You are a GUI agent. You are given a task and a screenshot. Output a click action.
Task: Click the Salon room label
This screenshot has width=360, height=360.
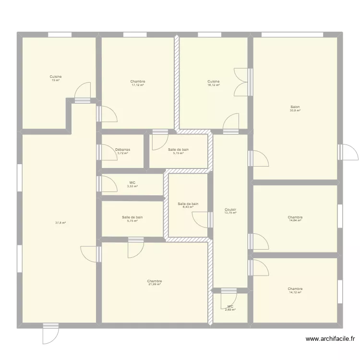tap(295, 107)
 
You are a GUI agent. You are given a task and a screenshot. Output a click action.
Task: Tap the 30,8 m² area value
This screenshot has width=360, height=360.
tap(295, 110)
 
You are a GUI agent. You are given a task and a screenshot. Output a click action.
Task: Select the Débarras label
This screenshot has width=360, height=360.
tap(123, 150)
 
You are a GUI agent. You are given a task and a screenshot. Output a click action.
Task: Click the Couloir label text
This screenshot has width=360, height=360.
tap(230, 210)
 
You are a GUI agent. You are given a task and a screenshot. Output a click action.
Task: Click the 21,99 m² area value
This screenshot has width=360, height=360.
tap(155, 285)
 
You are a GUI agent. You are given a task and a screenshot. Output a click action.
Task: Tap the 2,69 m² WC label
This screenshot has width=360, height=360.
tap(230, 306)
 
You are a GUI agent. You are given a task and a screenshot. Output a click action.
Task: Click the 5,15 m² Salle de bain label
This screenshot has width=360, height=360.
tap(179, 150)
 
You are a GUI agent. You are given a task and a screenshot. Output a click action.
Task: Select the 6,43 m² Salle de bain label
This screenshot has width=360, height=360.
tap(188, 204)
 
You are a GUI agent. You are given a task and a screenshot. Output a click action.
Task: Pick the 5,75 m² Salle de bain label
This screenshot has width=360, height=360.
tap(132, 217)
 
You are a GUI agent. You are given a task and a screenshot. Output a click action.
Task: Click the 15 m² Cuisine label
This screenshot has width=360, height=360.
tap(56, 77)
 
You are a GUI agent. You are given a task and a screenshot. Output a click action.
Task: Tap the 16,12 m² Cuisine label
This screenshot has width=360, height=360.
tap(214, 82)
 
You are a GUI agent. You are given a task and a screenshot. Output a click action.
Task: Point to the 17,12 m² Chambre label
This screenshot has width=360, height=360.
tap(137, 82)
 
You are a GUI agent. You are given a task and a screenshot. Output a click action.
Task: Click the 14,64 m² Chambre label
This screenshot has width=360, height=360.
tap(295, 217)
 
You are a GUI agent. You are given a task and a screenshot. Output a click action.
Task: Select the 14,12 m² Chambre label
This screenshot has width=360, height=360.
tap(295, 289)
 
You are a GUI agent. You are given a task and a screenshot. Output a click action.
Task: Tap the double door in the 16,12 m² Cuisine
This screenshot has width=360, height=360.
tap(242, 82)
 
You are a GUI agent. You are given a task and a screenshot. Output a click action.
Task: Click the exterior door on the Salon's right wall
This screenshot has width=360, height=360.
tap(348, 152)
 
